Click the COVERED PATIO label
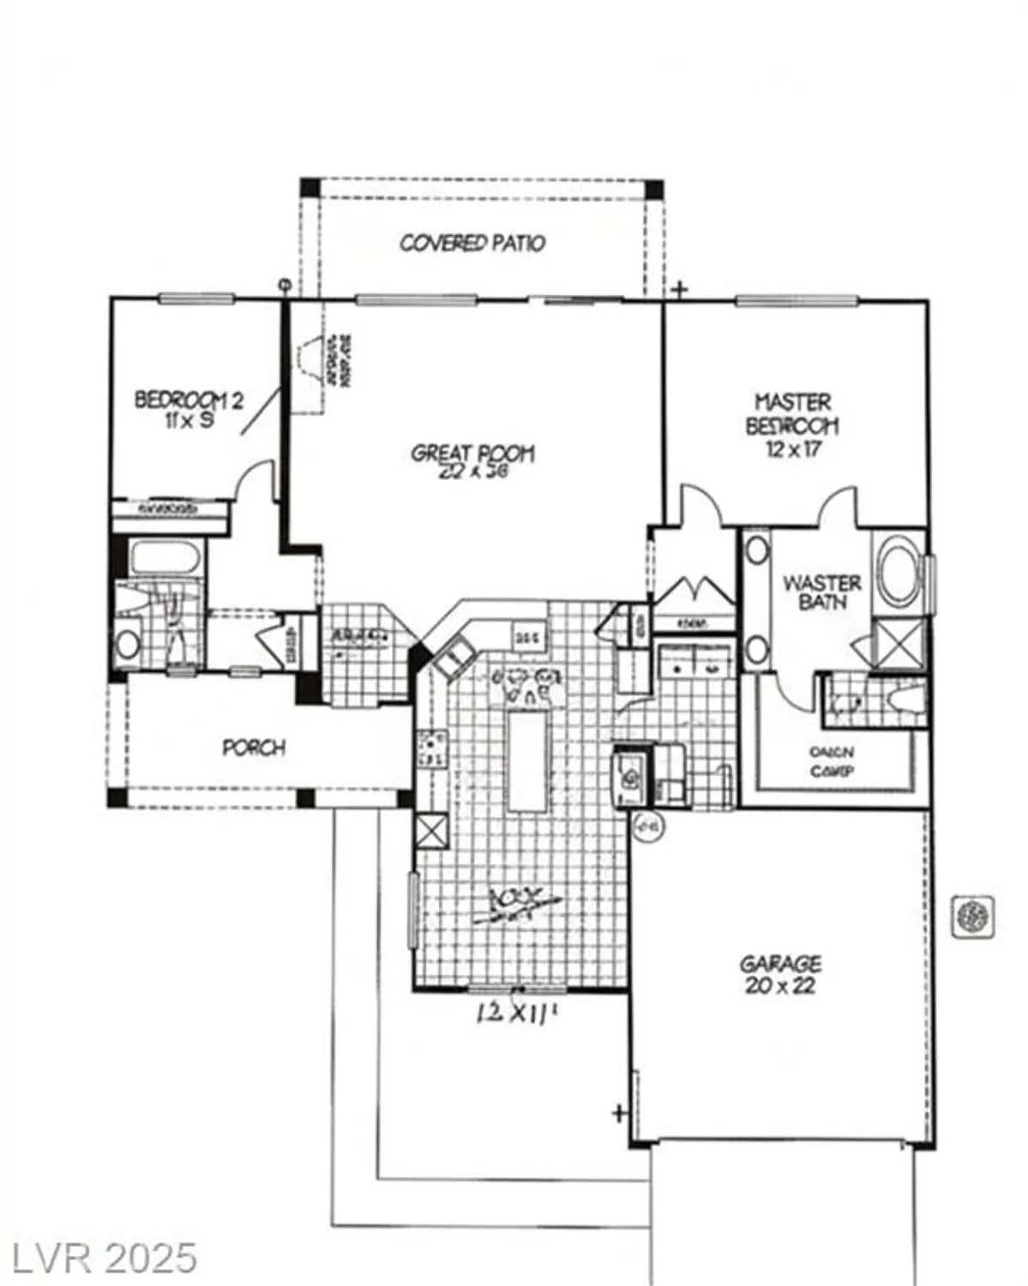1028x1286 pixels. [472, 243]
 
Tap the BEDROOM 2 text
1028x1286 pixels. [189, 400]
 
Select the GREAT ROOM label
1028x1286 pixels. [472, 453]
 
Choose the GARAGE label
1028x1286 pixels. [780, 964]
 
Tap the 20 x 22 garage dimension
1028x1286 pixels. [780, 986]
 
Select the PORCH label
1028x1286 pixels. [254, 748]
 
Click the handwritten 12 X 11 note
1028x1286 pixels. [517, 1013]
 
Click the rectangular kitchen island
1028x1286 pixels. [526, 760]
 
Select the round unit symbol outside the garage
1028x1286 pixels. [973, 916]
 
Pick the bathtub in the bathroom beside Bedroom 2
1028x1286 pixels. [165, 559]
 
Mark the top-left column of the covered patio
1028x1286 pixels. [310, 188]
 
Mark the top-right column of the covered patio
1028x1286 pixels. [653, 189]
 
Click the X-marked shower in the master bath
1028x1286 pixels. [899, 641]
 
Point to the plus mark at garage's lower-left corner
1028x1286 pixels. [618, 1113]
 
